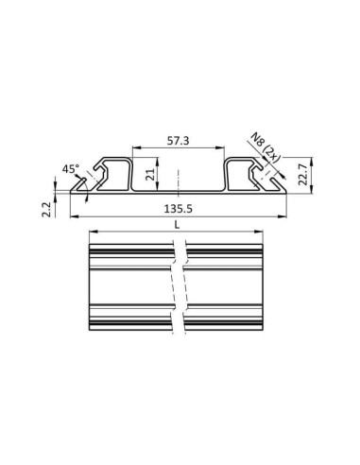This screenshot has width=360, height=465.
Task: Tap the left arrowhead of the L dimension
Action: (91, 233)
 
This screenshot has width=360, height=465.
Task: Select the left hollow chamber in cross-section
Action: (118, 176)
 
